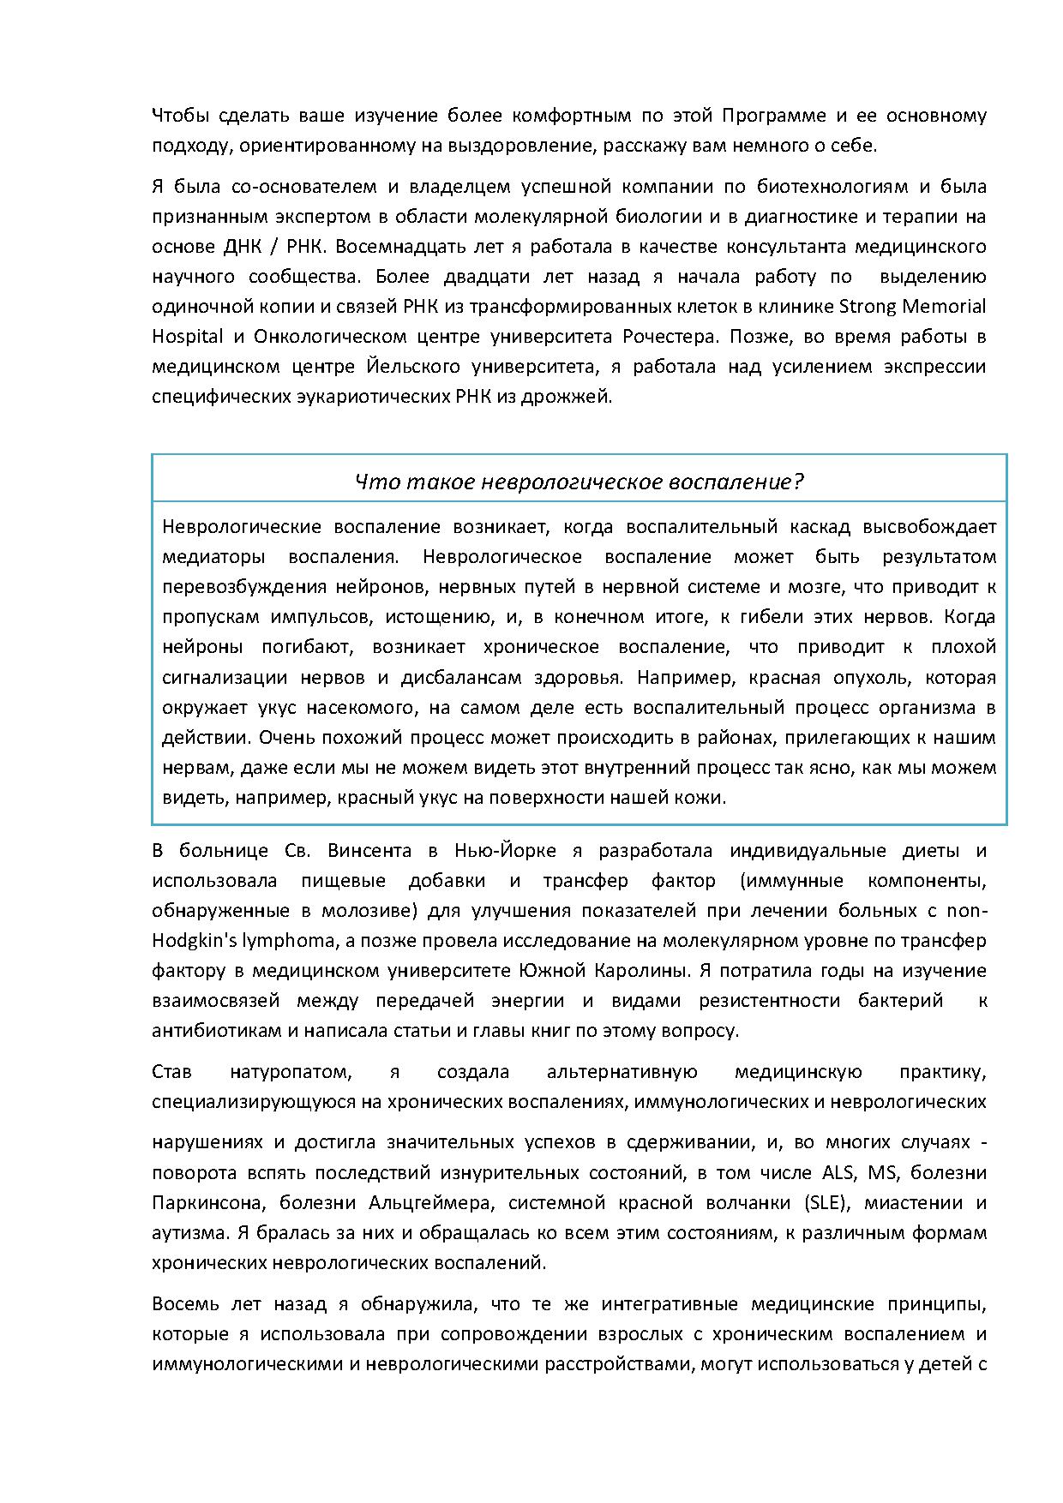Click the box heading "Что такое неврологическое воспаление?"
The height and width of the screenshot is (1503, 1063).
coord(580,482)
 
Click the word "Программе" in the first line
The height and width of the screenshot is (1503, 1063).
coord(772,115)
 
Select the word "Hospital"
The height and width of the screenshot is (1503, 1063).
coord(188,336)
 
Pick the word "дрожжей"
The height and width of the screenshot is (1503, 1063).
coord(580,397)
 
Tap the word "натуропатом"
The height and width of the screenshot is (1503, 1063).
coord(292,1072)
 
